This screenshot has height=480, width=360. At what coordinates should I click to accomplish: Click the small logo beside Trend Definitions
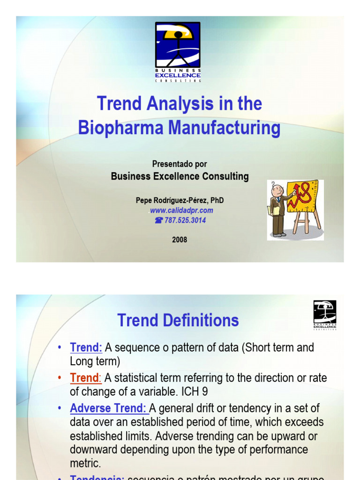[324, 315]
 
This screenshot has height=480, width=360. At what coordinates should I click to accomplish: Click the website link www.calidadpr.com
[181, 210]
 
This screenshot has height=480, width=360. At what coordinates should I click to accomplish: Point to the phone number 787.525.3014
[185, 220]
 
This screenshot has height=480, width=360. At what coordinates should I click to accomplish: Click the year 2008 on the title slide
[180, 240]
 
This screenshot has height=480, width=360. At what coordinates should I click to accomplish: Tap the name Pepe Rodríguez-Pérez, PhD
[180, 200]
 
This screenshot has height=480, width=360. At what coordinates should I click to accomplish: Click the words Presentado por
[180, 164]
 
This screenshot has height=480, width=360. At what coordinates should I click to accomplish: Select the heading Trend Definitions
[178, 321]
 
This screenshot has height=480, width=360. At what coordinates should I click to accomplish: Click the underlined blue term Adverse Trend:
[109, 408]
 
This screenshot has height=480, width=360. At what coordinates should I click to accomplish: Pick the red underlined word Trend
[84, 378]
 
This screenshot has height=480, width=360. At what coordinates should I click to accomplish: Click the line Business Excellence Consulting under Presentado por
[180, 177]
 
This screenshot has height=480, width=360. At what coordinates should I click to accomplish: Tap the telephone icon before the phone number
[158, 220]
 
